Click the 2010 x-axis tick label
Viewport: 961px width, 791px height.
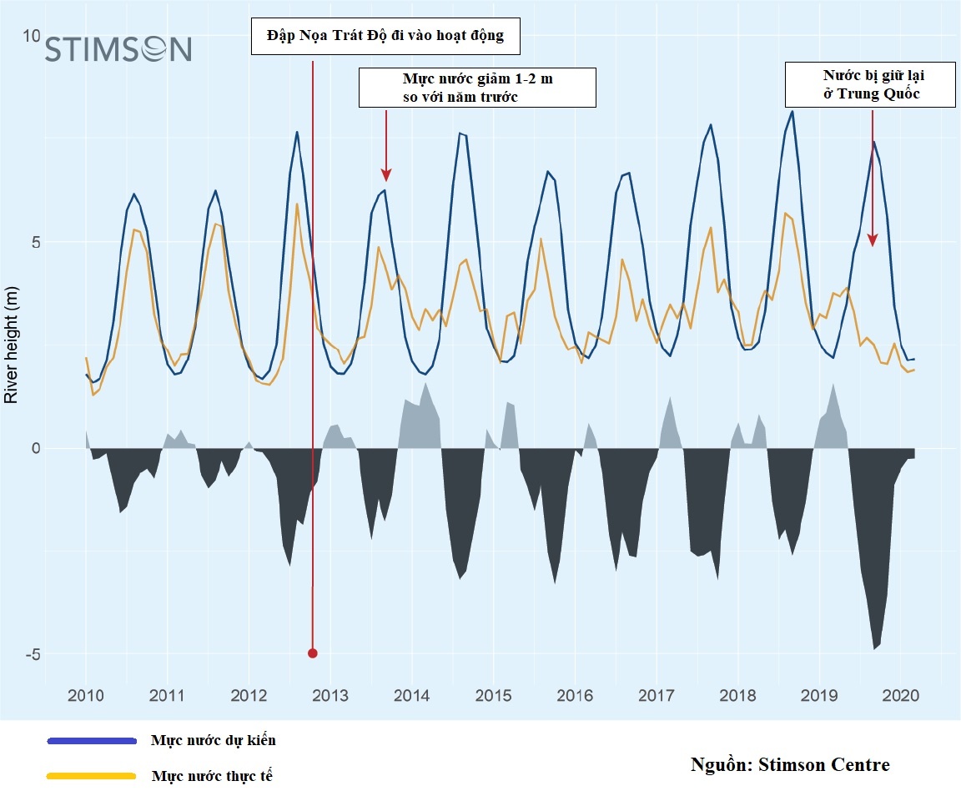(85, 695)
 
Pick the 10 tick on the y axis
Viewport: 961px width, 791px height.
(32, 37)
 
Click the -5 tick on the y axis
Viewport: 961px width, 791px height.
(32, 653)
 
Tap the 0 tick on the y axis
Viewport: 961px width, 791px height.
(36, 448)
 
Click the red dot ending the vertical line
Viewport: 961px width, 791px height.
(313, 653)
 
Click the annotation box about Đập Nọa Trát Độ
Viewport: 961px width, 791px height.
(385, 37)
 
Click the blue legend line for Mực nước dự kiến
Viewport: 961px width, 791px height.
(92, 740)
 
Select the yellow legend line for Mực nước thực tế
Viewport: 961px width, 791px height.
(92, 776)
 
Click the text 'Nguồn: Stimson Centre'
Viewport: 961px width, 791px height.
(790, 764)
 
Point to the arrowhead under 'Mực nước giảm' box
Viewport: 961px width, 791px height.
(386, 174)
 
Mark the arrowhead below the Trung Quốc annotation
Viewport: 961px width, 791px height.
(873, 240)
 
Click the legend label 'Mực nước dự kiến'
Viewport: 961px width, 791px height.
(213, 740)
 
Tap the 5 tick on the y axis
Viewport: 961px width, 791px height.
(36, 242)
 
